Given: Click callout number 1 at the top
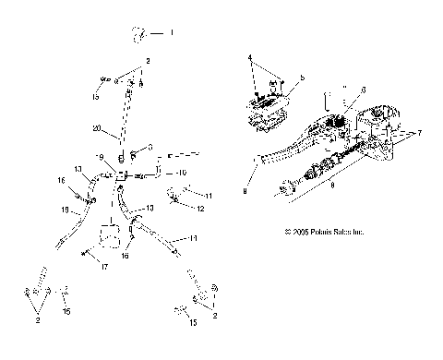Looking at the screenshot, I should click(170, 33).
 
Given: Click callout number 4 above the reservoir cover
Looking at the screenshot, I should click(249, 58).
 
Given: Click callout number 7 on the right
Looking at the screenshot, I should click(421, 132).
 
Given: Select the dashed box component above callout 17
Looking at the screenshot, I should click(114, 236).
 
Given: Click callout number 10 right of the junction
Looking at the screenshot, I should click(182, 173).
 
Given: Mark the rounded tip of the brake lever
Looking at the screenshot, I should click(255, 163).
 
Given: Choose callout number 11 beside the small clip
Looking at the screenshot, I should click(210, 196).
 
